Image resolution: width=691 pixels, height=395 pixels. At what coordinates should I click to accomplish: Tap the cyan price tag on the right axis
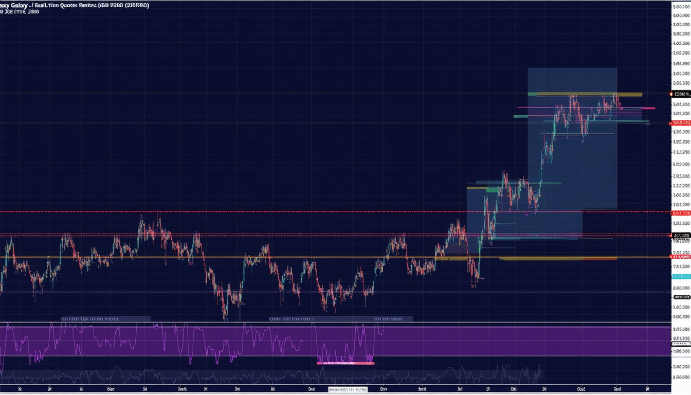(x=681, y=276)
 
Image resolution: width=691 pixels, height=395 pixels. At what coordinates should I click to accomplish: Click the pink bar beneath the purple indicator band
(x=345, y=363)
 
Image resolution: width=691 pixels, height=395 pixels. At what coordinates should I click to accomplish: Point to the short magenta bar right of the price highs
(x=648, y=109)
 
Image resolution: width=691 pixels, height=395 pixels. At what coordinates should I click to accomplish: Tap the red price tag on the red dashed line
(x=681, y=212)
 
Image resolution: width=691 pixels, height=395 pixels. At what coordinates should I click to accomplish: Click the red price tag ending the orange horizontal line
(x=681, y=257)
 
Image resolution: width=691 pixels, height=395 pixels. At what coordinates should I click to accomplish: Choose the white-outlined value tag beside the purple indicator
(x=681, y=339)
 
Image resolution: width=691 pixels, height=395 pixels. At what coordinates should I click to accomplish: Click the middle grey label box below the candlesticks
(x=290, y=319)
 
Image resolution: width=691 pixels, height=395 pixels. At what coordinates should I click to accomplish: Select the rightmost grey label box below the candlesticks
(x=388, y=319)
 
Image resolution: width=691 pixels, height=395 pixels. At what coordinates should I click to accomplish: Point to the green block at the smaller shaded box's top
(x=492, y=190)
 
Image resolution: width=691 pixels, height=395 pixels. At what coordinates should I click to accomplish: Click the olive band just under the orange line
(x=558, y=259)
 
